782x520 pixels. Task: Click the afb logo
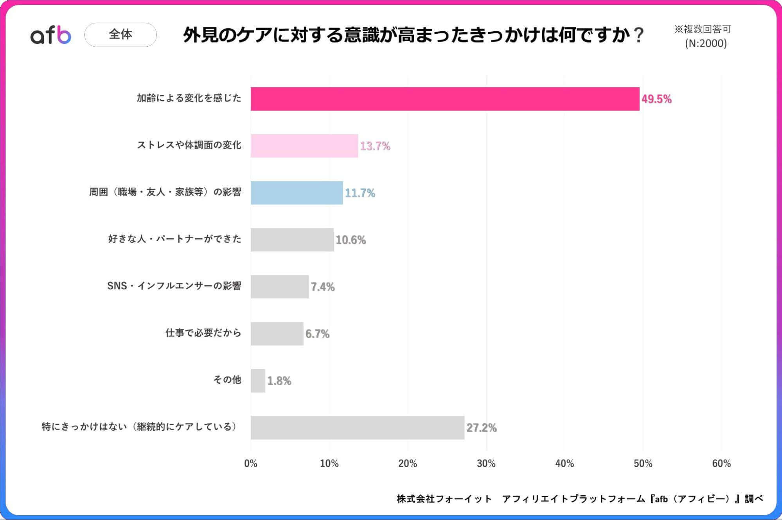pyautogui.click(x=51, y=35)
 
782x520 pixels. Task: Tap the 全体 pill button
pyautogui.click(x=120, y=34)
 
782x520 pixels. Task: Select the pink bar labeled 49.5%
pyautogui.click(x=445, y=99)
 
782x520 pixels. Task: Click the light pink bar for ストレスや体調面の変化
pyautogui.click(x=304, y=146)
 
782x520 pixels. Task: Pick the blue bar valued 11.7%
pyautogui.click(x=297, y=193)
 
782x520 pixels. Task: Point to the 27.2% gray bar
pyautogui.click(x=357, y=428)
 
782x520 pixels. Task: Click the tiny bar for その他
pyautogui.click(x=258, y=381)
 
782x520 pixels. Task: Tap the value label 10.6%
pyautogui.click(x=351, y=240)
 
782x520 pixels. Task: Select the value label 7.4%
pyautogui.click(x=322, y=287)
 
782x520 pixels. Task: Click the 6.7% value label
pyautogui.click(x=317, y=334)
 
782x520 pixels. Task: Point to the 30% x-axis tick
pyautogui.click(x=486, y=464)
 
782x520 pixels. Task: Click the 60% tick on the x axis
pyautogui.click(x=721, y=464)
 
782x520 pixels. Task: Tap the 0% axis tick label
pyautogui.click(x=250, y=464)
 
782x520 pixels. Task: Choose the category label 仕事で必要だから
pyautogui.click(x=203, y=333)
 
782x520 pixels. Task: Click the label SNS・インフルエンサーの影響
pyautogui.click(x=174, y=286)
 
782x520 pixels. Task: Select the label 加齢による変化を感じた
pyautogui.click(x=189, y=98)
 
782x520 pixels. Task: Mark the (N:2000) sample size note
pyautogui.click(x=705, y=43)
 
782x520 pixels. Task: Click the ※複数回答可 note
pyautogui.click(x=702, y=29)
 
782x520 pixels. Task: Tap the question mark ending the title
pyautogui.click(x=638, y=35)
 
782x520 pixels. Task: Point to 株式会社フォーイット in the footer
pyautogui.click(x=444, y=498)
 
